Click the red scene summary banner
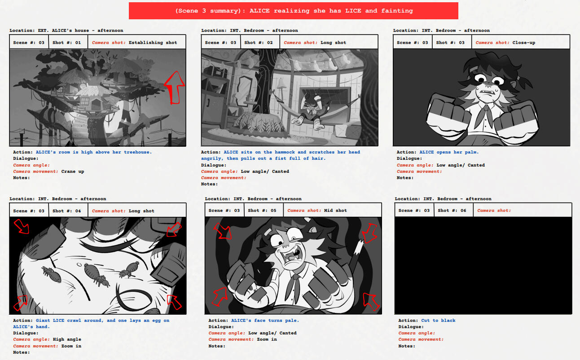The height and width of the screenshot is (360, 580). pos(293,11)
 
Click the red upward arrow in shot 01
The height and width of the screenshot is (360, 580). pos(175,88)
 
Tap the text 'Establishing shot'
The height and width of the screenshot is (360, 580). pos(153,43)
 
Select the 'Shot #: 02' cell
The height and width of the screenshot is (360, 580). pos(260,42)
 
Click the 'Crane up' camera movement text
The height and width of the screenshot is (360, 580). pos(73,171)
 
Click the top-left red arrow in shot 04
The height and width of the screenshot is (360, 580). pos(22,226)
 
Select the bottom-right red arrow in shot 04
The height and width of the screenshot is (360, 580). pos(174,302)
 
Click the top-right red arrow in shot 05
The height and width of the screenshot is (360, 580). pos(369,233)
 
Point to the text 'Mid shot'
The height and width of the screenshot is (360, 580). pos(335,211)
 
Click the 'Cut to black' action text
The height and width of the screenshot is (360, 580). pos(438,320)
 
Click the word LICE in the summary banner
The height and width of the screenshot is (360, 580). pos(353,11)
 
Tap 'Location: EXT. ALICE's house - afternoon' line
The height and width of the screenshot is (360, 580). pos(66,31)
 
